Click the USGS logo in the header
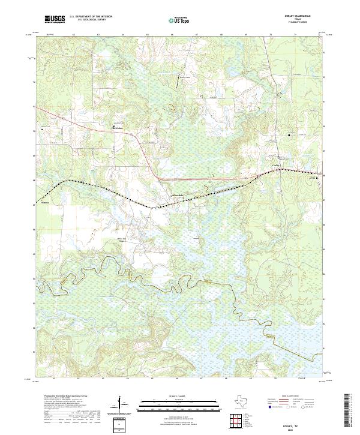55,20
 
